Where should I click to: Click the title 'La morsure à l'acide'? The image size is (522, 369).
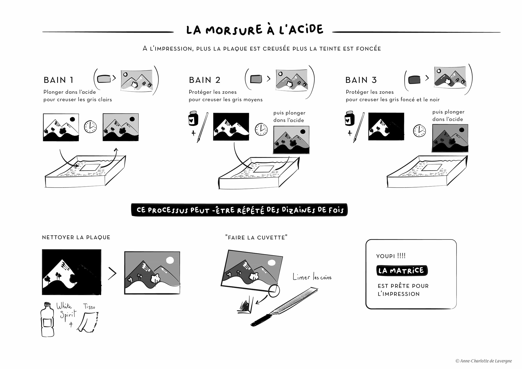click(255, 30)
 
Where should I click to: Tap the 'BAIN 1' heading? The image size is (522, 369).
click(58, 80)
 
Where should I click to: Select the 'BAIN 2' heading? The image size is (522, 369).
click(204, 80)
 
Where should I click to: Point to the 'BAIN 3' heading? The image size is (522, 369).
click(361, 80)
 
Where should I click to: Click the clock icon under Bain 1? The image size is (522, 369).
click(90, 127)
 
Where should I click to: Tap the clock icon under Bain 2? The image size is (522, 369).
click(261, 129)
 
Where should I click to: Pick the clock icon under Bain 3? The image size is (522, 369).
click(419, 131)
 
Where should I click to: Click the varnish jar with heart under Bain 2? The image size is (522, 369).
click(193, 118)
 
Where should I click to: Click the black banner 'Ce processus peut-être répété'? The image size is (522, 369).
click(239, 210)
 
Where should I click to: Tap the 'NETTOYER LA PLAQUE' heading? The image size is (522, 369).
click(76, 237)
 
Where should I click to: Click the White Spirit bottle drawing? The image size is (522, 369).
click(48, 320)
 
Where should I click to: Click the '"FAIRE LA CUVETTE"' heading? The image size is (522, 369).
click(256, 238)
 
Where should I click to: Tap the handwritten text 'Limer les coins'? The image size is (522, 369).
click(312, 277)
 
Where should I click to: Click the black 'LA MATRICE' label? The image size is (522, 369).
click(402, 271)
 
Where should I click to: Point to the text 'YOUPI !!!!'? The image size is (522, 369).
click(391, 256)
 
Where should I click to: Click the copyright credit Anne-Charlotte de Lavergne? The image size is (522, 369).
click(483, 361)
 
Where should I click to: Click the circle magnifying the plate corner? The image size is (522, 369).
click(274, 290)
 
